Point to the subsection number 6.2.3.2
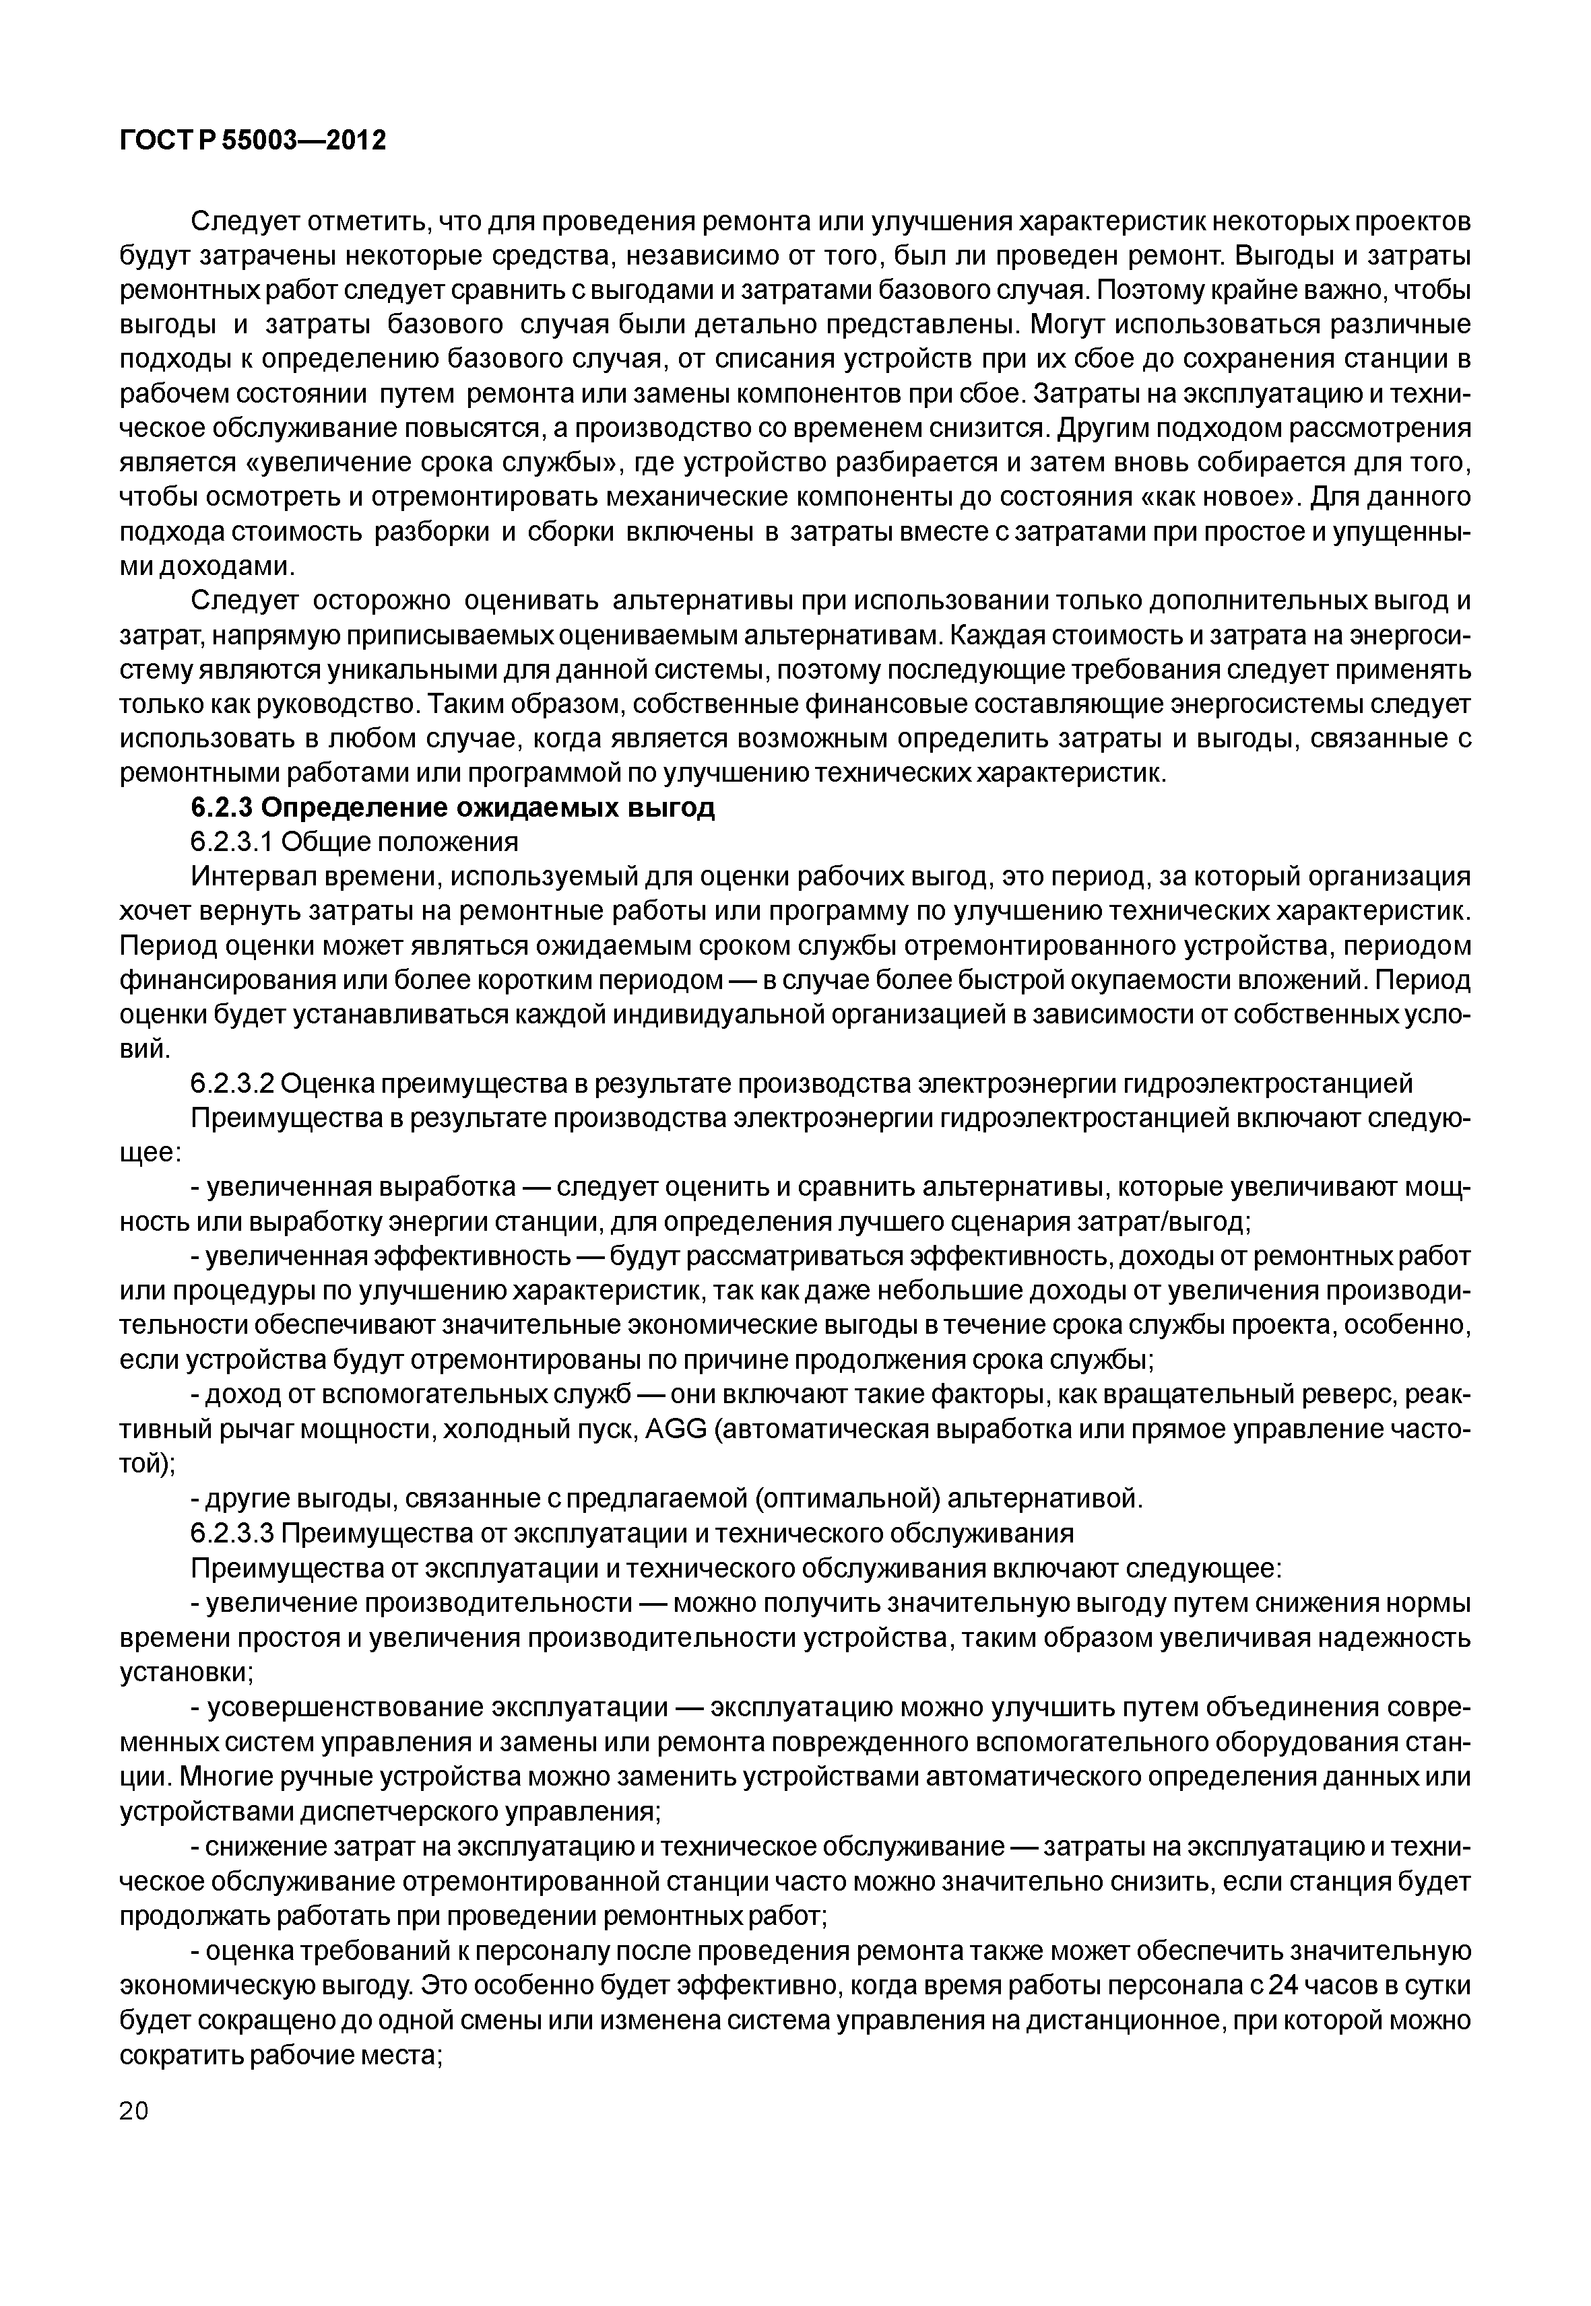[x=231, y=1083]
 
